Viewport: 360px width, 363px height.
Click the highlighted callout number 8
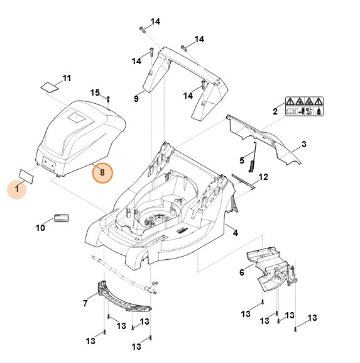pos(102,172)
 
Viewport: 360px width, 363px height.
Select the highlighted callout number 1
pos(17,187)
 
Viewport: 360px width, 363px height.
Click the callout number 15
pos(95,93)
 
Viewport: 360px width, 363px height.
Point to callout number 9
pos(136,98)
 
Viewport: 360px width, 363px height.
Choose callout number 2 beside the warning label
pos(275,111)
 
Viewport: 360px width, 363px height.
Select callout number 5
pos(241,159)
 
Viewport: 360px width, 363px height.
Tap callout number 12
pos(263,177)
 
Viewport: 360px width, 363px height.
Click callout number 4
pos(236,233)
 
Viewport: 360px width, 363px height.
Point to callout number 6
pos(242,272)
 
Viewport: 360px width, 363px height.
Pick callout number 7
pos(85,304)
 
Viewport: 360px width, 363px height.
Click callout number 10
pos(40,228)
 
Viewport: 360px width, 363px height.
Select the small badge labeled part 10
pos(62,218)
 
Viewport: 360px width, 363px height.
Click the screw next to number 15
pos(109,98)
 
